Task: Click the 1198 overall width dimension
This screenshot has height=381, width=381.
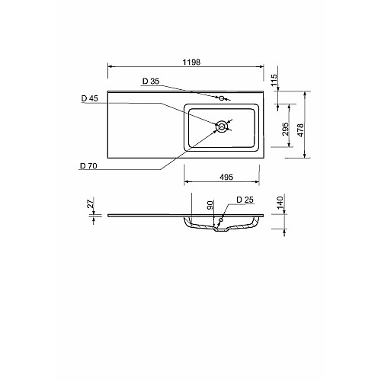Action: point(191,62)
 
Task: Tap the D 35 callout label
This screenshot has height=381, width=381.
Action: point(151,82)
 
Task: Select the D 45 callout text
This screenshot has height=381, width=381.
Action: point(90,98)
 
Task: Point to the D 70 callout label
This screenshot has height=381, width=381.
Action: point(88,166)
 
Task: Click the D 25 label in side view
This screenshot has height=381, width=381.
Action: point(245,200)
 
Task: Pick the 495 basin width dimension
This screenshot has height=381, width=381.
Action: point(226,177)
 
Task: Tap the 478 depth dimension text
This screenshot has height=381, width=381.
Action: point(300,130)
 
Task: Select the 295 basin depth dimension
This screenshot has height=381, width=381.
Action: point(286,129)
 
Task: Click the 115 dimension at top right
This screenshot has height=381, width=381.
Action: point(274,80)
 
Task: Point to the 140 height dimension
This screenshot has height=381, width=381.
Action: point(280,203)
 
